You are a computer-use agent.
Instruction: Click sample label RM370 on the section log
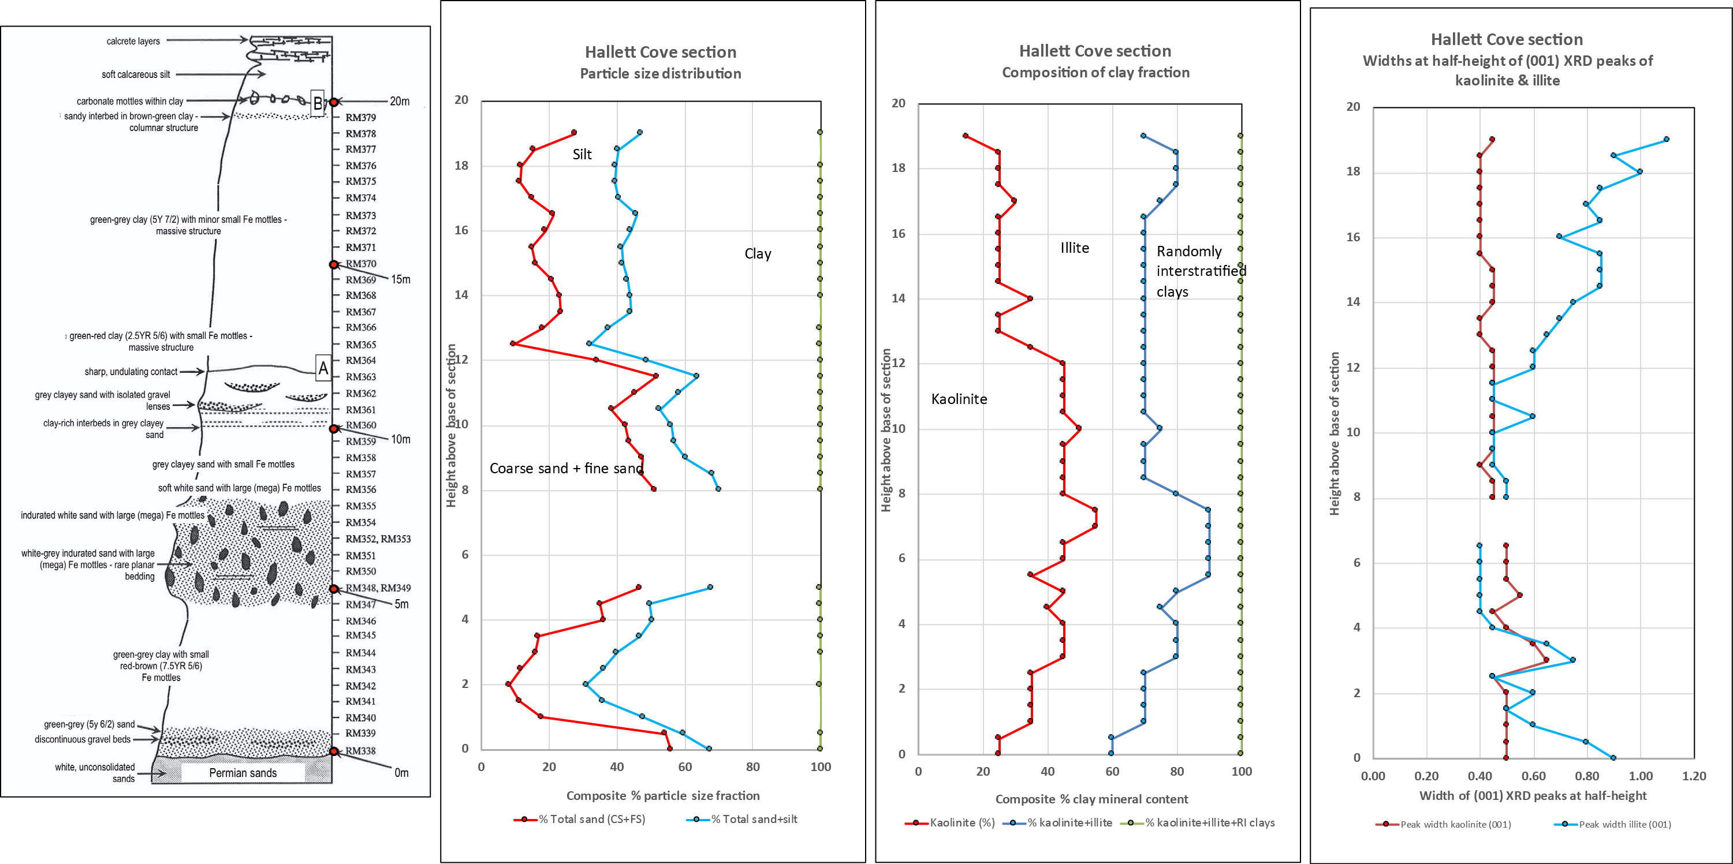[x=361, y=264]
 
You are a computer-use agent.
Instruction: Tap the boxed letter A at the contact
[x=323, y=368]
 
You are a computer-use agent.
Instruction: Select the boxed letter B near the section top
[x=318, y=103]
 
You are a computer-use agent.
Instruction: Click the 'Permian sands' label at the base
[x=243, y=773]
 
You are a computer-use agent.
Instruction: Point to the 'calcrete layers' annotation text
[x=133, y=41]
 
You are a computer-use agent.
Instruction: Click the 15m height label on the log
[x=401, y=279]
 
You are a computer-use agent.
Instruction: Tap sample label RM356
[x=361, y=489]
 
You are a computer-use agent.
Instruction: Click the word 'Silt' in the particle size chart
[x=582, y=155]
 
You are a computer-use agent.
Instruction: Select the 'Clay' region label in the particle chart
[x=758, y=254]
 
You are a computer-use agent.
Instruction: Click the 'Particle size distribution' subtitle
[x=661, y=73]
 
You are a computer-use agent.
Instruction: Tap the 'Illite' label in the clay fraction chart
[x=1074, y=248]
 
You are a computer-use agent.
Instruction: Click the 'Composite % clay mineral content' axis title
[x=1091, y=799]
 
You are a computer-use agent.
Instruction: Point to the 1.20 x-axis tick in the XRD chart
[x=1693, y=776]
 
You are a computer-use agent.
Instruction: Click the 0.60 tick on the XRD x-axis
[x=1533, y=776]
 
